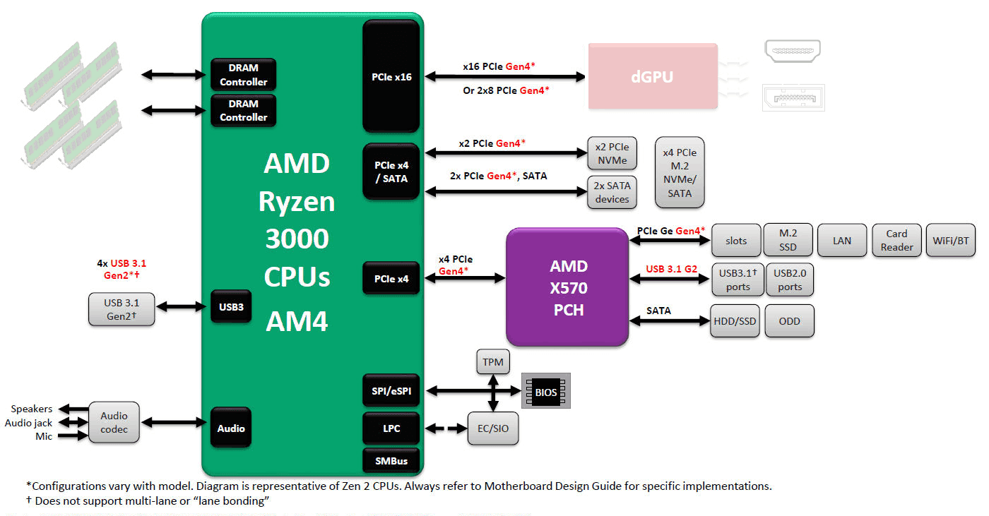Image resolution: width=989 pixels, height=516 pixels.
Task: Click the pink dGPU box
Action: (x=653, y=76)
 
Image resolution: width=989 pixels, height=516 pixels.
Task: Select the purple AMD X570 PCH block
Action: (x=567, y=287)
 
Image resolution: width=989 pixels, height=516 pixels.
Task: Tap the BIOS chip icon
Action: (x=545, y=391)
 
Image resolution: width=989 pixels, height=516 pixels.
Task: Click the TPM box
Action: (x=493, y=362)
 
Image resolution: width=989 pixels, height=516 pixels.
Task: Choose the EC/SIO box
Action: (x=493, y=428)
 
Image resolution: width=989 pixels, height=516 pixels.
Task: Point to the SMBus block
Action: (x=391, y=461)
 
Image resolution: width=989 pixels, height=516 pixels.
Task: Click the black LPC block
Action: (x=391, y=428)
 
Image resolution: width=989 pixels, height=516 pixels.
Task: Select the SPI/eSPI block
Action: (x=391, y=390)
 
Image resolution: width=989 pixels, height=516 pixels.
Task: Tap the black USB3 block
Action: (x=231, y=307)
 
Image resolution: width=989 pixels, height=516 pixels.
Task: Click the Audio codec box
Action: (x=114, y=422)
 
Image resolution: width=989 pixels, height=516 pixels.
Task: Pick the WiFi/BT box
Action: (x=950, y=241)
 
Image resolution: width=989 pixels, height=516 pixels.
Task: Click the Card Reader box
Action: (x=896, y=241)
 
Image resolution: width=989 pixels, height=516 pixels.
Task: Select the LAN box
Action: (x=842, y=241)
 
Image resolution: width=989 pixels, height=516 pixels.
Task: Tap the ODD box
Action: (x=789, y=321)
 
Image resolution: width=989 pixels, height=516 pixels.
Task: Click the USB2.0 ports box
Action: (x=790, y=280)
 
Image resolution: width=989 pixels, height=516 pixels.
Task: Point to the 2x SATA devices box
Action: (x=612, y=192)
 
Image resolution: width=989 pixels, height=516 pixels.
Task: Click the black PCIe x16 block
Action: (x=391, y=76)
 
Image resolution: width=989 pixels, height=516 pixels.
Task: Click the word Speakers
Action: (x=32, y=409)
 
